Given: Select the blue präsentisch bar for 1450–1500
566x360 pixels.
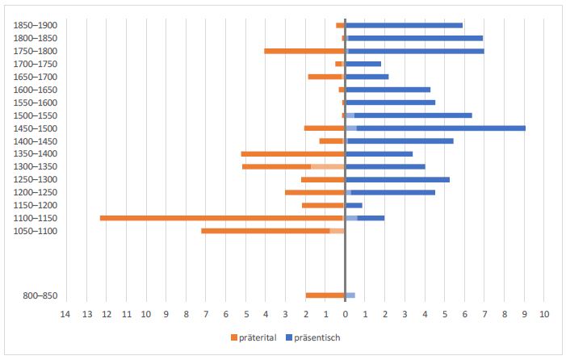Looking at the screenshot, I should point(440,128).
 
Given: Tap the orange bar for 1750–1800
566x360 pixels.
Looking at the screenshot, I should point(304,51).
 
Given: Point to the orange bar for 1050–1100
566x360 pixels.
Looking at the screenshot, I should point(266,231).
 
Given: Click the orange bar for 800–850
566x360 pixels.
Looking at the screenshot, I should point(325,295).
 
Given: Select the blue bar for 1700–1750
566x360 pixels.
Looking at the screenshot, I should point(363,64).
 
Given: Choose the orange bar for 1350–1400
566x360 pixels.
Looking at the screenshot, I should point(293,153).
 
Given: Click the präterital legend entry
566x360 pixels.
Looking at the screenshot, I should point(255,337).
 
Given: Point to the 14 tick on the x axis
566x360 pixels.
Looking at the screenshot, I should point(66,314).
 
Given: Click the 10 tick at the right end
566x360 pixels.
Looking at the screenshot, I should point(544,314).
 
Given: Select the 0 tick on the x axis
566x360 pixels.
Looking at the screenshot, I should point(345,314).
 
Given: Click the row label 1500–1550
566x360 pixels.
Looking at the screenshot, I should point(36,115).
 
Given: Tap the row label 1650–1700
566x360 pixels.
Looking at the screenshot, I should point(36,77).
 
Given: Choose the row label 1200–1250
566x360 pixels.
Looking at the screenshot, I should point(36,192).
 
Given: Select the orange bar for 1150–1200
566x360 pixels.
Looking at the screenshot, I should point(323,205).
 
